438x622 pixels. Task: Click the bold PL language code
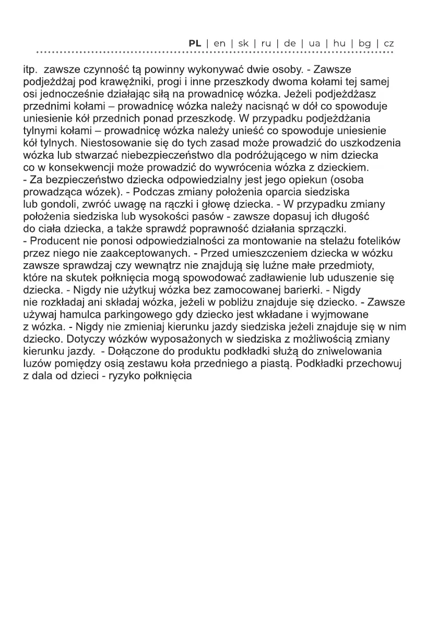(x=195, y=43)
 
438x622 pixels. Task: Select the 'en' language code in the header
(x=220, y=43)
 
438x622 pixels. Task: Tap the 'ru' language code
(x=266, y=43)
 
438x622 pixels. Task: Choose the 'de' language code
(x=290, y=43)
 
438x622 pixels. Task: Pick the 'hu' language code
(x=339, y=43)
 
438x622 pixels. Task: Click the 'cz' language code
(x=388, y=43)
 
